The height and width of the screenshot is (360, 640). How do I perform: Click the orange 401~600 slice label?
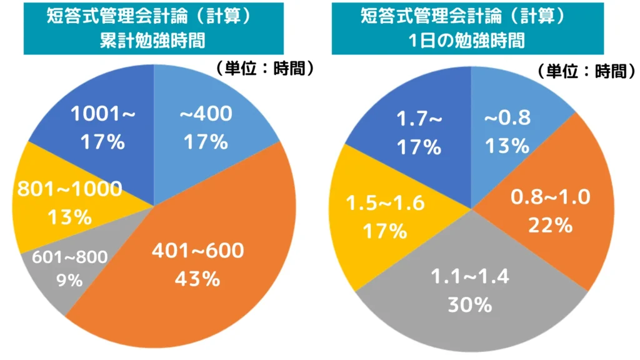pyautogui.click(x=198, y=251)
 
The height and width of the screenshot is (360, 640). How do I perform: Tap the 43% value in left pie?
pyautogui.click(x=198, y=279)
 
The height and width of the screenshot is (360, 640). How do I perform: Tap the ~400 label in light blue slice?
pyautogui.click(x=206, y=114)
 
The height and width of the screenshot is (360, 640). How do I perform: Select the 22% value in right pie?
pyautogui.click(x=550, y=225)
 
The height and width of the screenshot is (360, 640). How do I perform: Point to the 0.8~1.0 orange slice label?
pyautogui.click(x=550, y=197)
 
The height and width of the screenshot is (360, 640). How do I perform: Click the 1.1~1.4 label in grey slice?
pyautogui.click(x=469, y=277)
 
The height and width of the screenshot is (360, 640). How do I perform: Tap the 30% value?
pyautogui.click(x=469, y=305)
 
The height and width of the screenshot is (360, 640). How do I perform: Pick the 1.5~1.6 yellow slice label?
pyautogui.click(x=385, y=204)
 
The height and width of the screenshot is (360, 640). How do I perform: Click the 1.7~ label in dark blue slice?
pyautogui.click(x=419, y=119)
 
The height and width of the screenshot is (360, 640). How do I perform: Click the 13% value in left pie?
pyautogui.click(x=69, y=217)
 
